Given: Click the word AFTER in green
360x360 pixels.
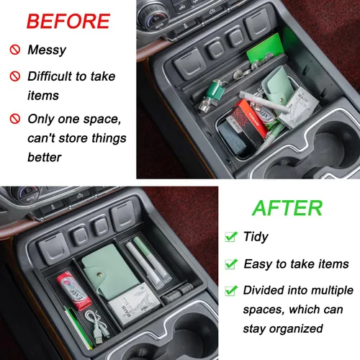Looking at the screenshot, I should (x=287, y=207).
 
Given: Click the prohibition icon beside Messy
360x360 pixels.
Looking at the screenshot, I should (x=14, y=50).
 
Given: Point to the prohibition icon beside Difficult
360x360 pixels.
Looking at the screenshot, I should (x=14, y=76).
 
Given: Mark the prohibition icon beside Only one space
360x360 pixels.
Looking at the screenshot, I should (x=14, y=118).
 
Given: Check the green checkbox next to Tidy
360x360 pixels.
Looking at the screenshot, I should (x=231, y=237).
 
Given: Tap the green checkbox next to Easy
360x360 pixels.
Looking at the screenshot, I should (x=231, y=264).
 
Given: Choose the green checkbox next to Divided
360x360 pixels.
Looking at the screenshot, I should (x=231, y=291).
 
